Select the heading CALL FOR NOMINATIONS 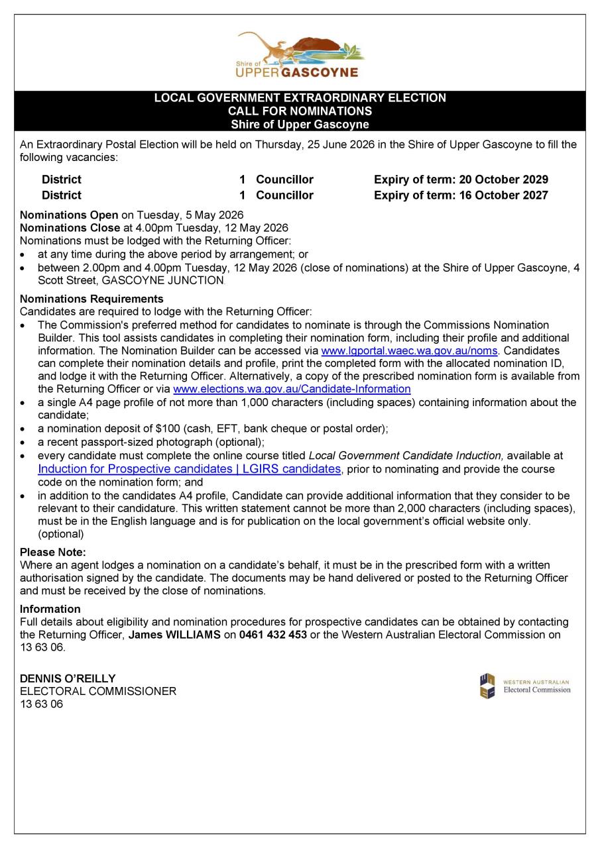[x=300, y=111]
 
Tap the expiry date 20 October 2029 [x=503, y=180]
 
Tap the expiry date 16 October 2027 [x=503, y=195]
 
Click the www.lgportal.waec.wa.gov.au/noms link [x=409, y=350]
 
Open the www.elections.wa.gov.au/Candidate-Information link [x=291, y=389]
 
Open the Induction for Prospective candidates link [x=189, y=469]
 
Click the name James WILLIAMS [x=174, y=635]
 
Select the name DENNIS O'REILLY [x=68, y=678]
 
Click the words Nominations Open [x=69, y=215]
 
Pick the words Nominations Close [x=70, y=228]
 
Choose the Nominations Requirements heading [x=91, y=299]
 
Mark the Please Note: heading [x=53, y=552]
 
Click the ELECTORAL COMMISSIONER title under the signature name [x=98, y=691]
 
